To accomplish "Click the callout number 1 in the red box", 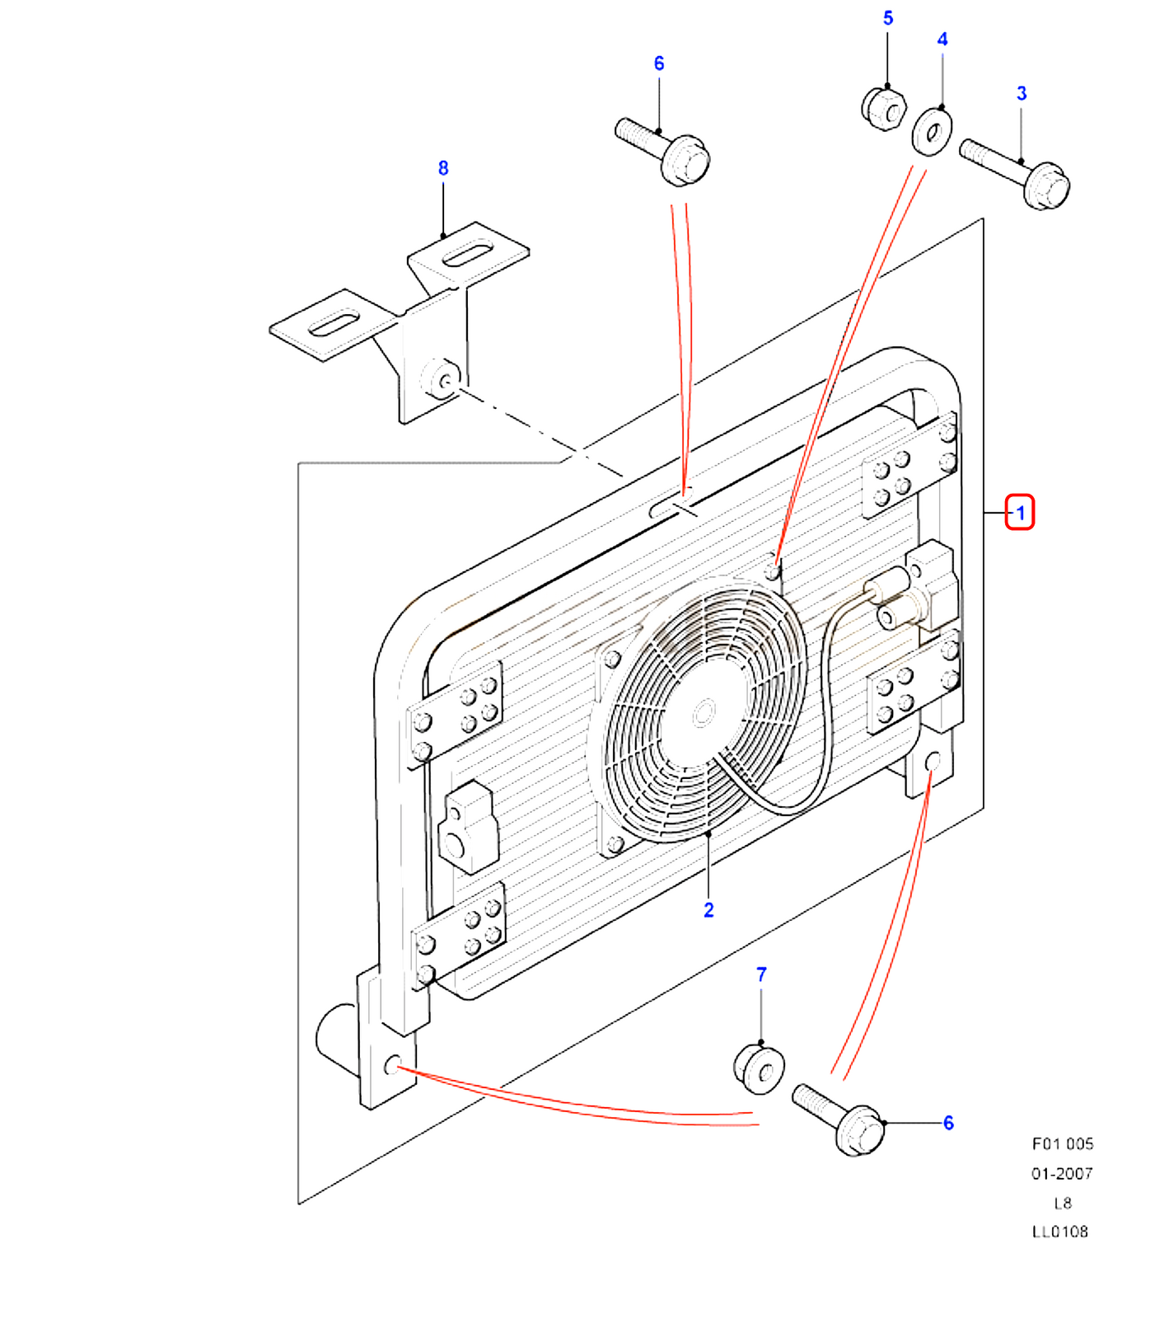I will pyautogui.click(x=1020, y=513).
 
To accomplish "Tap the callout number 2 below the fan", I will pyautogui.click(x=708, y=910).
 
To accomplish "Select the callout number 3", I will pyautogui.click(x=1022, y=93).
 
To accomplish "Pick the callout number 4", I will pyautogui.click(x=942, y=40).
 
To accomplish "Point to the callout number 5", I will pyautogui.click(x=888, y=18).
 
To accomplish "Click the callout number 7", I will pyautogui.click(x=761, y=974).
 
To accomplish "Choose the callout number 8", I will pyautogui.click(x=443, y=168).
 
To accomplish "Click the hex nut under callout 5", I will pyautogui.click(x=884, y=108).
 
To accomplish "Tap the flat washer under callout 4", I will pyautogui.click(x=932, y=131).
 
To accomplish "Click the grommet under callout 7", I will pyautogui.click(x=759, y=1068).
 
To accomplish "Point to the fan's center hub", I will pyautogui.click(x=703, y=712).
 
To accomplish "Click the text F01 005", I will pyautogui.click(x=1062, y=1143).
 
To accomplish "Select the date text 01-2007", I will pyautogui.click(x=1062, y=1173).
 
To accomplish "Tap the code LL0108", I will pyautogui.click(x=1060, y=1232).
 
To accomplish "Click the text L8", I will pyautogui.click(x=1063, y=1203).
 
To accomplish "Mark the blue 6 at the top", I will pyautogui.click(x=659, y=63).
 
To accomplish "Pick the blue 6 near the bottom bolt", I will pyautogui.click(x=948, y=1123).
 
